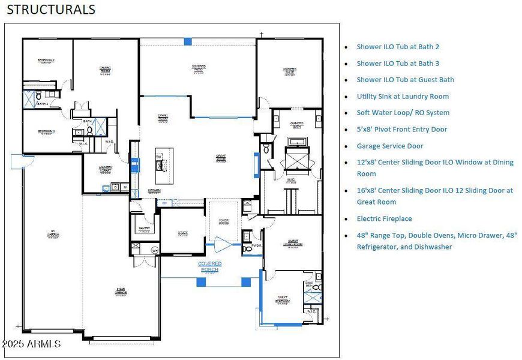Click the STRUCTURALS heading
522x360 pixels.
pyautogui.click(x=51, y=10)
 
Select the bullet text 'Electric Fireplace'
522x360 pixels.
pyautogui.click(x=384, y=219)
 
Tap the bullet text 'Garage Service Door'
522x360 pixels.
pyautogui.click(x=390, y=146)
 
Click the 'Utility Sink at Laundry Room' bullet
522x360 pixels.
pyautogui.click(x=403, y=96)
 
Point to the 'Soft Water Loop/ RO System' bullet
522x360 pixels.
pyautogui.click(x=403, y=113)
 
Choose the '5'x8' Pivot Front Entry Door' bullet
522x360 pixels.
pyautogui.click(x=402, y=129)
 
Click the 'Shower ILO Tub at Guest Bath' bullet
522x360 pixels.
pyautogui.click(x=405, y=80)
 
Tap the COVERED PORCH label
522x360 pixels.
pyautogui.click(x=210, y=266)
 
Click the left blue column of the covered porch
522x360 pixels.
pyautogui.click(x=201, y=282)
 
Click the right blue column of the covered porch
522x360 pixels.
pyautogui.click(x=246, y=282)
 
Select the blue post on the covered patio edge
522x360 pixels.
pyautogui.click(x=188, y=41)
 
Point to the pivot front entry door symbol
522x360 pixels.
pyautogui.click(x=223, y=244)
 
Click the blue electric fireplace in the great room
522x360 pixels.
pyautogui.click(x=257, y=163)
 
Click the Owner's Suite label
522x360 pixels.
pyautogui.click(x=290, y=71)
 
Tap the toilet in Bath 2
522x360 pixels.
pyautogui.click(x=38, y=95)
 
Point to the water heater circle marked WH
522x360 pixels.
pyautogui.click(x=155, y=250)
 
